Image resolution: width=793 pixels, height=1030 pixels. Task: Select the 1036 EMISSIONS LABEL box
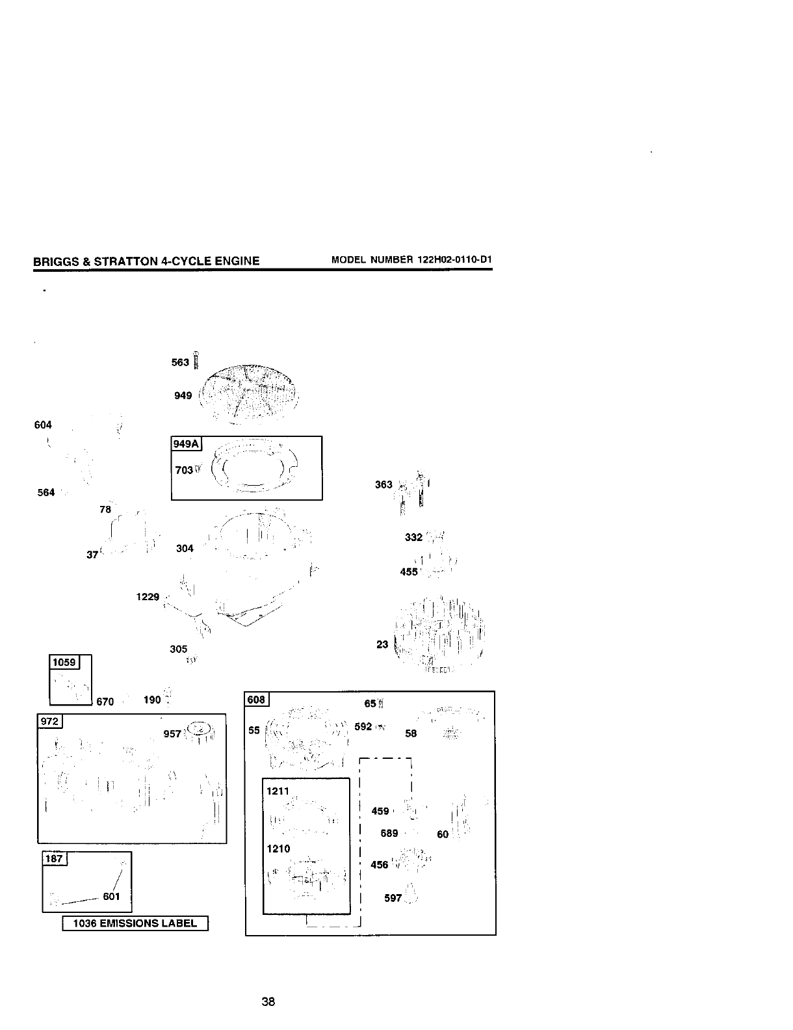(135, 923)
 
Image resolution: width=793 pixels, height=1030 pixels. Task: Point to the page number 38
(268, 1002)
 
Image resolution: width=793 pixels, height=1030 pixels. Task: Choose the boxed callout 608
(257, 700)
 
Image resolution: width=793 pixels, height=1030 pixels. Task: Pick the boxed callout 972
(50, 722)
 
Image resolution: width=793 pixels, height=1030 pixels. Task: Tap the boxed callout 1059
(64, 663)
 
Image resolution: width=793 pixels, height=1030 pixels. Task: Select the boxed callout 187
(54, 858)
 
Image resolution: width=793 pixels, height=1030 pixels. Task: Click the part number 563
(180, 362)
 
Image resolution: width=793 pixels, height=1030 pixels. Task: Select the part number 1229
(148, 596)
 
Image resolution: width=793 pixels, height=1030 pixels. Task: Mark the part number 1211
(278, 791)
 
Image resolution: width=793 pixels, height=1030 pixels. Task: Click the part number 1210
(278, 849)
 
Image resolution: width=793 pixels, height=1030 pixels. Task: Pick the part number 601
(112, 897)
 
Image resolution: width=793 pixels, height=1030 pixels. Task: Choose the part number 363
(383, 484)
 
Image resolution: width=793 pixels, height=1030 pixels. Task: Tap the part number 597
(393, 898)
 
